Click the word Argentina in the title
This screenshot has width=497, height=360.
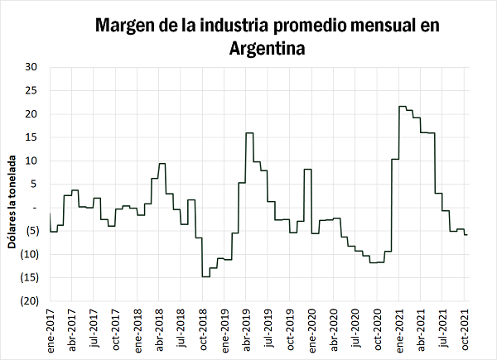click(267, 48)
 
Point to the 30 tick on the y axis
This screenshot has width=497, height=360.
click(31, 67)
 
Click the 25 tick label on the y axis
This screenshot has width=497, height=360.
click(31, 90)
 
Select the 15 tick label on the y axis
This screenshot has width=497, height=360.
click(31, 137)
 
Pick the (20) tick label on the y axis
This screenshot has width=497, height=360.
click(29, 301)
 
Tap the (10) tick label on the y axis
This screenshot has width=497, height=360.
click(29, 254)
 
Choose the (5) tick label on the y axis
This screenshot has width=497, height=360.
click(31, 231)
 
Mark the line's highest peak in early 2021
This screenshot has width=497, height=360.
click(402, 106)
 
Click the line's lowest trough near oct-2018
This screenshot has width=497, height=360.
click(205, 276)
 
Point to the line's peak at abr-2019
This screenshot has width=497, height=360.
click(248, 132)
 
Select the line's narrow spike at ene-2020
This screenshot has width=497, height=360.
click(307, 169)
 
